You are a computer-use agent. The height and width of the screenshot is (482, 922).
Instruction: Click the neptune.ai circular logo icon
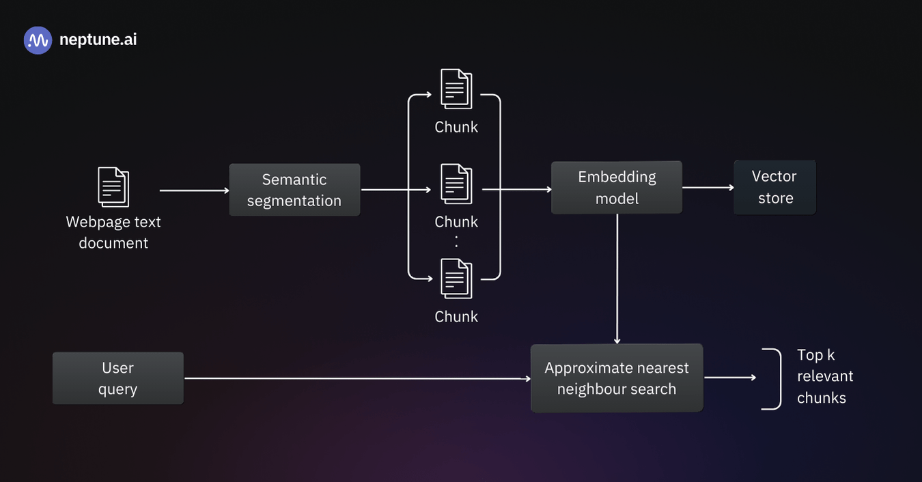38,40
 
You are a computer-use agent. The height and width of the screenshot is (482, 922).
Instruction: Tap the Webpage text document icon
113,187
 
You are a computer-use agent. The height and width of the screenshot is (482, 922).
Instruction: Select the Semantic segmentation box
294,190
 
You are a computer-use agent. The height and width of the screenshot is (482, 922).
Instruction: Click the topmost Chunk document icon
456,89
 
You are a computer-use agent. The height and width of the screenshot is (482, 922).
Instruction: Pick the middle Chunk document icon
456,184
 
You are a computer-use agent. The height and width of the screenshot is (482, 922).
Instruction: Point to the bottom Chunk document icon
456,279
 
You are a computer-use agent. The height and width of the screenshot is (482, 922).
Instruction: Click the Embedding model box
617,187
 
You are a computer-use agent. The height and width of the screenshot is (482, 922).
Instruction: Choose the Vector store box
774,187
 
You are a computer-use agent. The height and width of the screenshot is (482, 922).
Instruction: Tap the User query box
117,378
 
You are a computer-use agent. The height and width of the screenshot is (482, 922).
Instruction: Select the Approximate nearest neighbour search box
617,378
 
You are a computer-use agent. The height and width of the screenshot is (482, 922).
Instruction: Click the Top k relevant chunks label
824,376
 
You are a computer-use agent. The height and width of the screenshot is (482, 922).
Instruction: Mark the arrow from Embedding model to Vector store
708,187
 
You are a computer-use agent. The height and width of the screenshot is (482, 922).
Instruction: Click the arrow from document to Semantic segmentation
194,190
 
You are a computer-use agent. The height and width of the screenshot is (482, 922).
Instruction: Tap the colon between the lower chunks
456,241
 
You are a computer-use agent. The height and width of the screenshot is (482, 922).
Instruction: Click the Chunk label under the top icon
456,127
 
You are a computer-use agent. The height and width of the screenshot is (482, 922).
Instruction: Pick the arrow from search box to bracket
730,378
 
